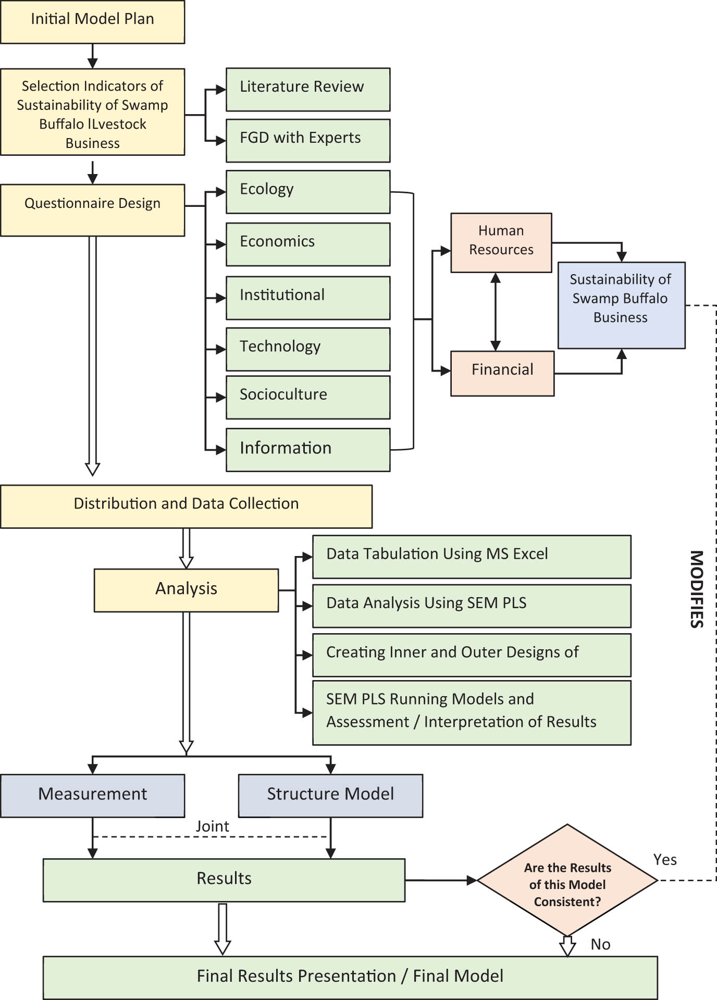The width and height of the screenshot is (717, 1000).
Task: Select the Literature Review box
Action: pyautogui.click(x=307, y=89)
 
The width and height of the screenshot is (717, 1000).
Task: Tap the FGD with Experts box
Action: pyautogui.click(x=307, y=140)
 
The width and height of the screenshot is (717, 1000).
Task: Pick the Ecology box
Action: pyautogui.click(x=307, y=191)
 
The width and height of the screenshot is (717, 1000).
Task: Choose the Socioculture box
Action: pyautogui.click(x=307, y=397)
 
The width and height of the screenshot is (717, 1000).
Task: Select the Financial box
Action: pyautogui.click(x=502, y=373)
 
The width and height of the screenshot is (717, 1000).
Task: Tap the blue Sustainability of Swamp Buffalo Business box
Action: pyautogui.click(x=621, y=304)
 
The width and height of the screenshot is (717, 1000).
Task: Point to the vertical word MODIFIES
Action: pyautogui.click(x=697, y=589)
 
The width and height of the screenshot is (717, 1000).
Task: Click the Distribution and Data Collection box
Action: pyautogui.click(x=186, y=506)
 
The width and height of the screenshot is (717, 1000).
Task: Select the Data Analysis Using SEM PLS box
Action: pyautogui.click(x=471, y=605)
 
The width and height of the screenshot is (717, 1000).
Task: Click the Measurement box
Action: pyautogui.click(x=92, y=795)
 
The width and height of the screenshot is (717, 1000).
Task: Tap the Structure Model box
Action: pyautogui.click(x=330, y=795)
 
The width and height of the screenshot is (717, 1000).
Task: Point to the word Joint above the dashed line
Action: pyautogui.click(x=212, y=826)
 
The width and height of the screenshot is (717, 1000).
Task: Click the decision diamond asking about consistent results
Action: pyautogui.click(x=567, y=880)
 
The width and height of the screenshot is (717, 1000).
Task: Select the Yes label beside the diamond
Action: pyautogui.click(x=664, y=859)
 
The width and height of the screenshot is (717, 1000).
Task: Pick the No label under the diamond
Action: pyautogui.click(x=600, y=944)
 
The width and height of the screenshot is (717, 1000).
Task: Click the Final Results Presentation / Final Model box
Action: pyautogui.click(x=350, y=977)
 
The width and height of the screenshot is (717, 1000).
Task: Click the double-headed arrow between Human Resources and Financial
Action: pyautogui.click(x=496, y=311)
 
